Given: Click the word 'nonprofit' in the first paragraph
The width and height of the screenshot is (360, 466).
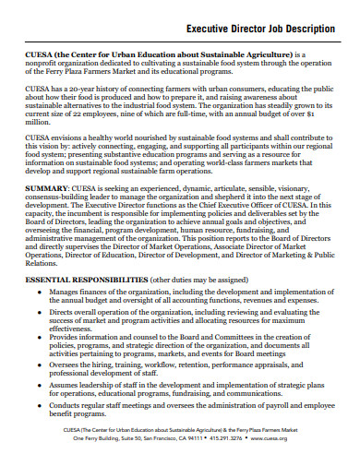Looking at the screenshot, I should coord(43,64).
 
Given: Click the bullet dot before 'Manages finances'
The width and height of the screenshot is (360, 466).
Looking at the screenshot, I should coord(38,317).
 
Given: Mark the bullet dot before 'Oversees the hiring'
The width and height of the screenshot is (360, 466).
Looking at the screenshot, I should coord(38,390).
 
